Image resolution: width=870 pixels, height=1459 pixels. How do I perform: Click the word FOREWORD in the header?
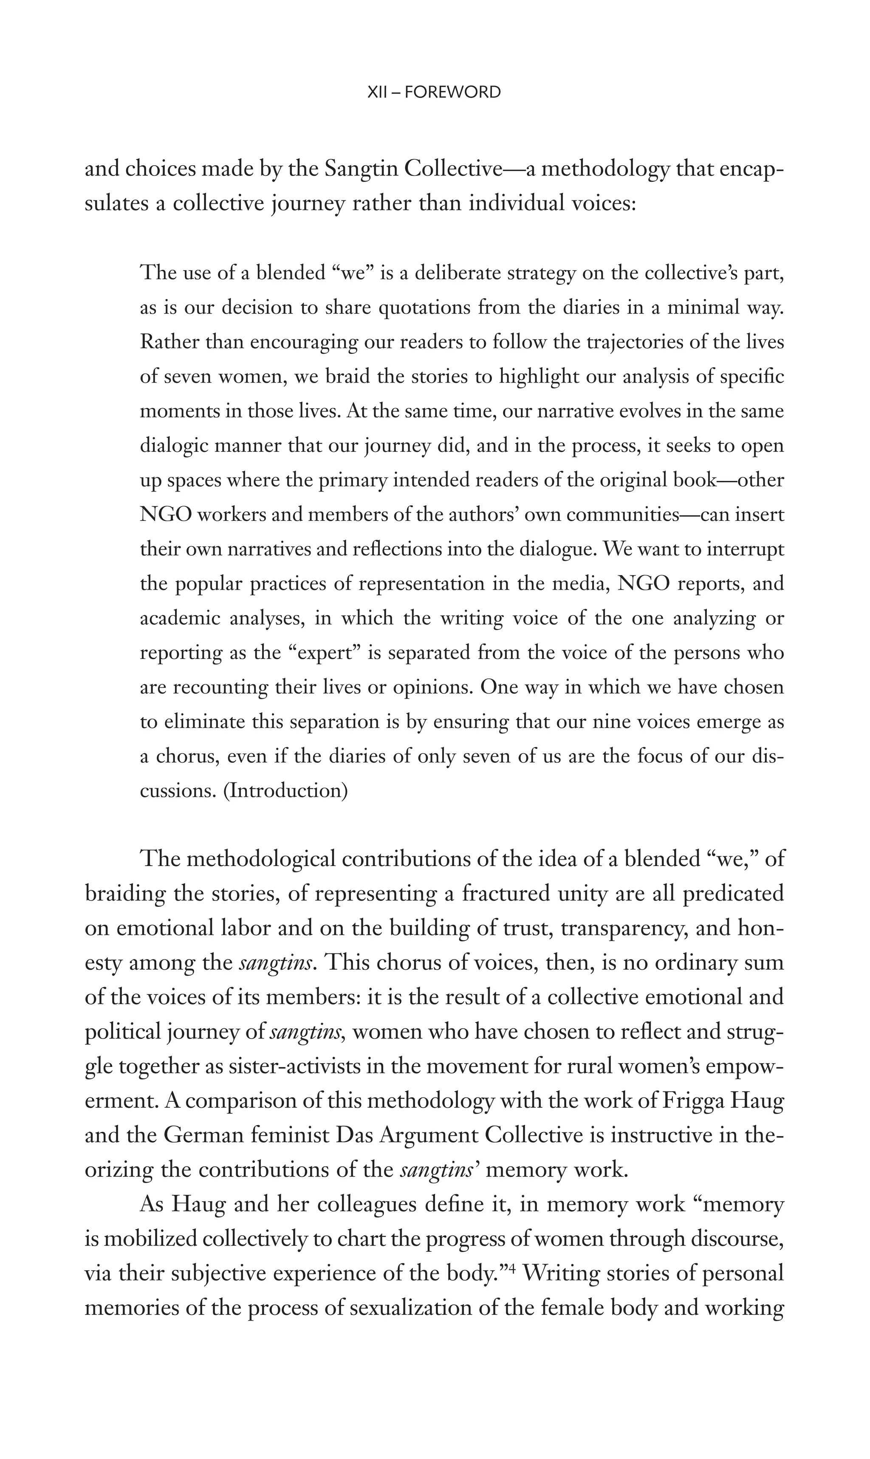point(452,92)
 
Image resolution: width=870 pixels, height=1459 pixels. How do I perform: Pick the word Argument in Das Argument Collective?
point(430,1137)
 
